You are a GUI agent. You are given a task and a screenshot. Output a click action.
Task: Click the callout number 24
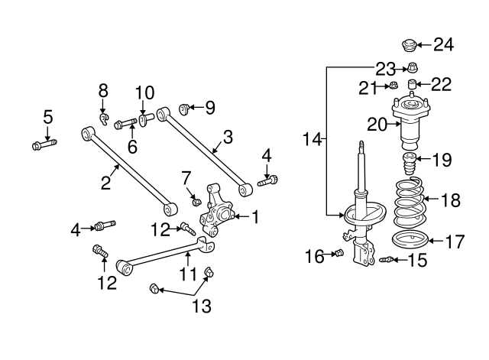click(443, 44)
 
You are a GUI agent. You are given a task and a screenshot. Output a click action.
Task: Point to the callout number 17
click(454, 242)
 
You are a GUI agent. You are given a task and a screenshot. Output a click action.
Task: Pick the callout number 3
click(228, 138)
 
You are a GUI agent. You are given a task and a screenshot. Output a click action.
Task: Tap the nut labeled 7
click(196, 202)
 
